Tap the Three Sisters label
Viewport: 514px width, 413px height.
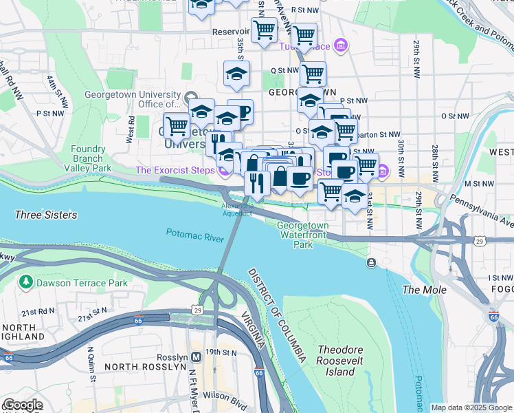tap(45, 215)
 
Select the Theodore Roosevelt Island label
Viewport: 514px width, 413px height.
tap(340, 361)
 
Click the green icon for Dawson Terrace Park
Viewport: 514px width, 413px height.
tap(26, 282)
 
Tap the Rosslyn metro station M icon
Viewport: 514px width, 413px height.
tap(197, 357)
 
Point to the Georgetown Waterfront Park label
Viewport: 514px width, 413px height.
tap(302, 235)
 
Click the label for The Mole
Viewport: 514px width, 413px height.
tap(424, 290)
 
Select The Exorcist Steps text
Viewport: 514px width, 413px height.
tap(175, 170)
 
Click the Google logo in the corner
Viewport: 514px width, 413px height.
tap(23, 405)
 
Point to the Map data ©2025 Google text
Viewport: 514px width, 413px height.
tap(471, 407)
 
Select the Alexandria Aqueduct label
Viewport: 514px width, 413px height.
tap(237, 209)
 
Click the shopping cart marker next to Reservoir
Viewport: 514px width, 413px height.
tap(263, 30)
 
